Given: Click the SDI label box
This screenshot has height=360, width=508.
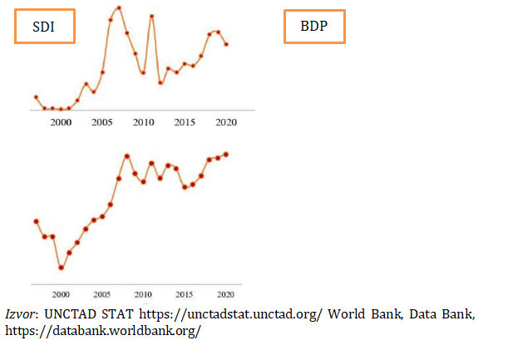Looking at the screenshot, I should click(44, 27).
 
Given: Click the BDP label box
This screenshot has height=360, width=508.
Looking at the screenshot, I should click(314, 27).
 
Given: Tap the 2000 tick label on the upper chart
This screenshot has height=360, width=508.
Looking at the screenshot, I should click(61, 122).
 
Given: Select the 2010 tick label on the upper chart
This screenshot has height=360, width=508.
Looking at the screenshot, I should click(144, 122).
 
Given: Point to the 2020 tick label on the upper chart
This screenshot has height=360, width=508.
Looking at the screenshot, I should click(226, 122).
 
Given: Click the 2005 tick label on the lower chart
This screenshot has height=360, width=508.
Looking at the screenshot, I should click(102, 294).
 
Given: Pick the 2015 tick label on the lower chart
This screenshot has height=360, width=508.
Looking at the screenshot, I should click(185, 294).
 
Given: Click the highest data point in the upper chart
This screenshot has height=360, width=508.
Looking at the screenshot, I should click(119, 7).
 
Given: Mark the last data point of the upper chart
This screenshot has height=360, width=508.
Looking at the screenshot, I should click(226, 44).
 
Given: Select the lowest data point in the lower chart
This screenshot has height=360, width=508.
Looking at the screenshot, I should click(61, 268).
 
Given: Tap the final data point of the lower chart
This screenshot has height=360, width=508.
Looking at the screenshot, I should click(226, 154).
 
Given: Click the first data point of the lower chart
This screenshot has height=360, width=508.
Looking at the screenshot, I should click(36, 221).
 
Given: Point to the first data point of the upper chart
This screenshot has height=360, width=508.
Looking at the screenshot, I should click(36, 97).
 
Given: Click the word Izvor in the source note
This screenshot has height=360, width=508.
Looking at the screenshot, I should click(19, 315).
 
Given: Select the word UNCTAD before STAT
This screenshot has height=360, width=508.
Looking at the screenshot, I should click(73, 315).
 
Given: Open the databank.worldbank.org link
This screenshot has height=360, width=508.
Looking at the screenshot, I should click(103, 330).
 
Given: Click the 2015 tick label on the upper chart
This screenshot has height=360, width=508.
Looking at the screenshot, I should click(185, 122).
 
